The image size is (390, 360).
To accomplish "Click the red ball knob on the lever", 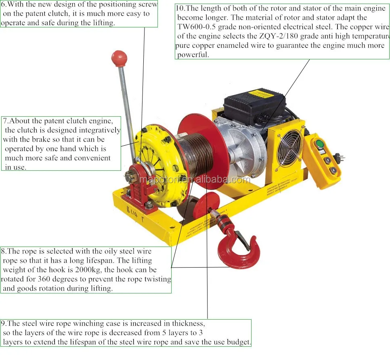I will pos(119,58).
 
